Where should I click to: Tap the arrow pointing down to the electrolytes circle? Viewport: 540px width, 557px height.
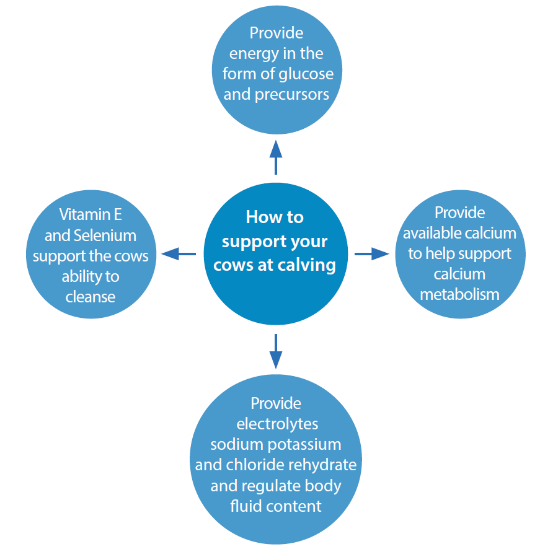pyautogui.click(x=276, y=351)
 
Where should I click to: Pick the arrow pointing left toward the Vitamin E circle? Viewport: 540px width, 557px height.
pyautogui.click(x=178, y=253)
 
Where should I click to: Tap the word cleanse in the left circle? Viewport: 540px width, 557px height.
pyautogui.click(x=91, y=297)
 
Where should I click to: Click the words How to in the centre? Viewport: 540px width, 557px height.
pyautogui.click(x=275, y=217)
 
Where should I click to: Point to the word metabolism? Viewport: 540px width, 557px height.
pyautogui.click(x=459, y=294)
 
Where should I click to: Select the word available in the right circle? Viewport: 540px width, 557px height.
pyautogui.click(x=433, y=233)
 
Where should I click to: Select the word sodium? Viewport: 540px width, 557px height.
pyautogui.click(x=233, y=445)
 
